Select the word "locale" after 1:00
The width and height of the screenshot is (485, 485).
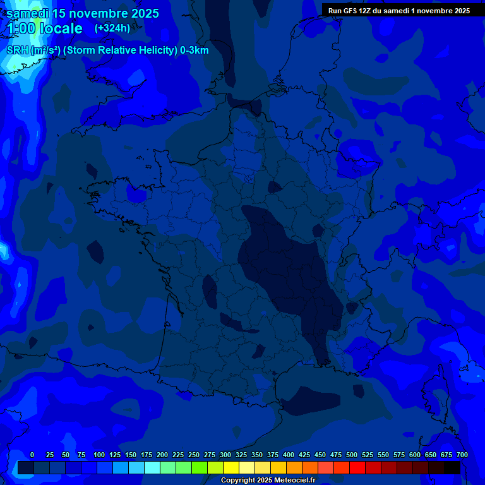point(61,28)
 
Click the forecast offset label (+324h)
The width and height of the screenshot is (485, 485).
point(112,28)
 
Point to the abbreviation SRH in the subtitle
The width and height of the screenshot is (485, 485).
point(18,51)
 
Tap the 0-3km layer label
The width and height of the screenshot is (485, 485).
point(195,51)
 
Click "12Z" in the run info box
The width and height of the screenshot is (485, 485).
point(368,11)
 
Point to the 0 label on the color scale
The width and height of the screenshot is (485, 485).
point(32,455)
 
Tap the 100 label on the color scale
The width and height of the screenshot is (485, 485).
point(99,455)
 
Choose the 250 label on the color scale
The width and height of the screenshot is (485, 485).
point(194,455)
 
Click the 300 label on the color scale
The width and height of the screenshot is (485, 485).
point(225,455)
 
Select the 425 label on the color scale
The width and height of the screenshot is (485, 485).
point(304,455)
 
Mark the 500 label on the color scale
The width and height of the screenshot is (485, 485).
point(352,455)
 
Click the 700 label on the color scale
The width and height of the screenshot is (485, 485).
point(462,455)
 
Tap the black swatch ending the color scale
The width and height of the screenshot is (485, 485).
point(452,467)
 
